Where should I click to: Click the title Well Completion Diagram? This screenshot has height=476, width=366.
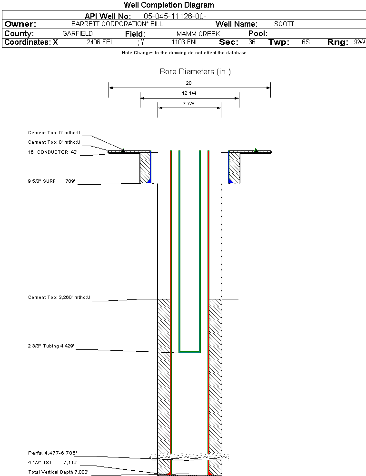click(169, 5)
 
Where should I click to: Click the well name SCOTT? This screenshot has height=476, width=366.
click(284, 24)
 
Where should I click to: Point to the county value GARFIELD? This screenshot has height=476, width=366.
click(78, 34)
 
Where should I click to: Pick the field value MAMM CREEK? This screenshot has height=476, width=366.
click(198, 34)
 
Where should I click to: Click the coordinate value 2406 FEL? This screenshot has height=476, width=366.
click(100, 42)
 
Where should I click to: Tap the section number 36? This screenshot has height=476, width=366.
click(252, 42)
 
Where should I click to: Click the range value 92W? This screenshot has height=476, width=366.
click(359, 42)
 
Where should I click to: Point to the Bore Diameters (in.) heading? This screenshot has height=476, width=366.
click(195, 72)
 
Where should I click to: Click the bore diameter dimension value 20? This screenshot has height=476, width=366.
click(189, 83)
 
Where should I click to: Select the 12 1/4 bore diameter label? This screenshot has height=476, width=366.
click(189, 93)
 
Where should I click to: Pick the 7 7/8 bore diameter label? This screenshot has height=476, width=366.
click(189, 103)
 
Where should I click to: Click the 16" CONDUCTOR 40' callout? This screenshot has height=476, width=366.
click(53, 152)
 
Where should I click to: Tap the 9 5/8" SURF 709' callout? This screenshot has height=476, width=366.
click(52, 181)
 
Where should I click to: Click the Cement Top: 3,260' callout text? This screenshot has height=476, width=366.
click(59, 297)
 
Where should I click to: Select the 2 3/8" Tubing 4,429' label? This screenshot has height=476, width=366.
click(52, 346)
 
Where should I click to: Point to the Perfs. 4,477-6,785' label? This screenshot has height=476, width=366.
click(52, 453)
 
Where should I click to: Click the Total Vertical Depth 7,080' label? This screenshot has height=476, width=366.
click(58, 472)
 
